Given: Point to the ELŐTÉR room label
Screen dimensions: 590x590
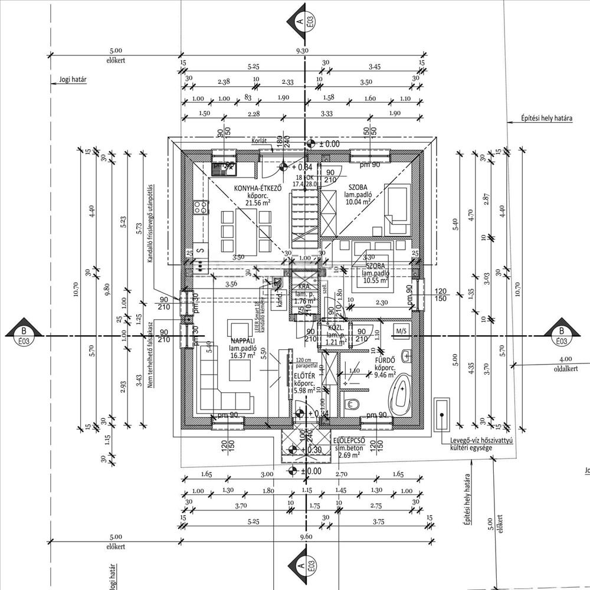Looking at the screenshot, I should pyautogui.click(x=303, y=375).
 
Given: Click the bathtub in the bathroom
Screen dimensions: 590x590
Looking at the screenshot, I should pyautogui.click(x=403, y=394).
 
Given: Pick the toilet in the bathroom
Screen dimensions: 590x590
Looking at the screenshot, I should pyautogui.click(x=352, y=404).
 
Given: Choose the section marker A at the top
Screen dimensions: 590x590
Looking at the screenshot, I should pyautogui.click(x=301, y=20).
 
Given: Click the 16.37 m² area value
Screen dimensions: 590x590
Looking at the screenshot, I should pyautogui.click(x=242, y=355).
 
